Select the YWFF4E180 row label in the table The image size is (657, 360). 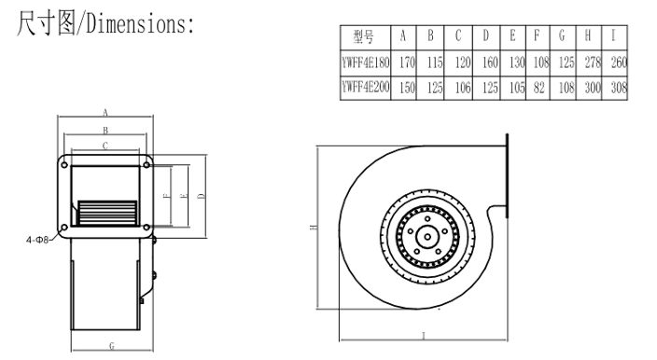click(x=366, y=62)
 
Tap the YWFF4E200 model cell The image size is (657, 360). click(x=366, y=88)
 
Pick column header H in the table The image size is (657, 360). click(x=588, y=36)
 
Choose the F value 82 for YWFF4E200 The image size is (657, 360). click(x=538, y=88)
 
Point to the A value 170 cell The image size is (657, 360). click(x=407, y=62)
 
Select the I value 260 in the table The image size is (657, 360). click(x=619, y=62)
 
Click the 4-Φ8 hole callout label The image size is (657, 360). click(x=37, y=240)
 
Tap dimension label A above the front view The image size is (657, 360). click(x=105, y=112)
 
